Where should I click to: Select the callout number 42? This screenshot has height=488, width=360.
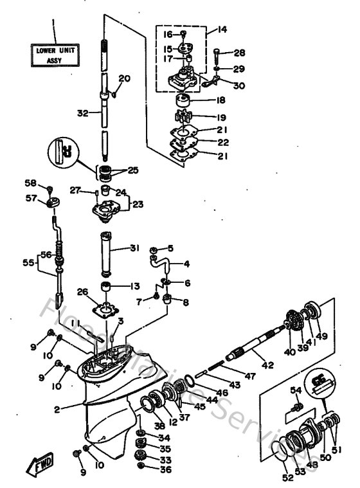pyautogui.click(x=267, y=365)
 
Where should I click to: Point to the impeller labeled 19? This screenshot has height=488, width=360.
pyautogui.click(x=184, y=118)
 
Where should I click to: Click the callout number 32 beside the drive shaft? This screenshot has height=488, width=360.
pyautogui.click(x=82, y=112)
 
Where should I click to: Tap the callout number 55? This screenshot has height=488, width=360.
pyautogui.click(x=28, y=263)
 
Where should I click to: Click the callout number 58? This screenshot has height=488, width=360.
pyautogui.click(x=30, y=183)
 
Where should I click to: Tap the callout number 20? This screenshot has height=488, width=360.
pyautogui.click(x=124, y=78)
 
